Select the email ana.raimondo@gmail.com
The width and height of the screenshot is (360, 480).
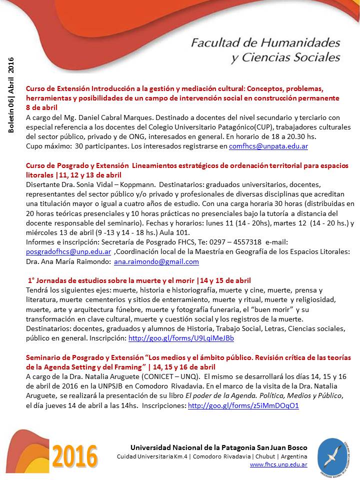click(x=156, y=261)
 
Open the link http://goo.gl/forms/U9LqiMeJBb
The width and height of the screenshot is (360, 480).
click(x=181, y=338)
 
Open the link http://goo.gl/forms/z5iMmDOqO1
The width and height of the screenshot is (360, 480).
click(x=243, y=406)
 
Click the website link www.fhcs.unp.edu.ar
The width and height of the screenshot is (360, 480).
click(x=278, y=464)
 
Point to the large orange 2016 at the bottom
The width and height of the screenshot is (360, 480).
click(x=75, y=456)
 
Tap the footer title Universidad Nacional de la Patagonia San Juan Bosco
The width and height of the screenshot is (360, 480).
click(x=218, y=447)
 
